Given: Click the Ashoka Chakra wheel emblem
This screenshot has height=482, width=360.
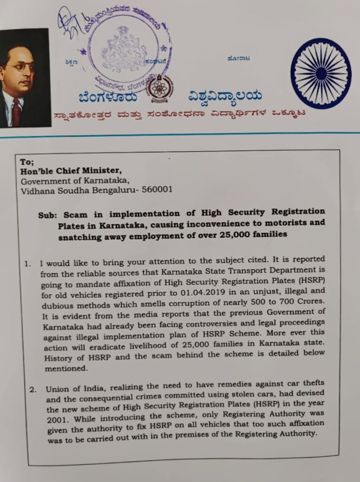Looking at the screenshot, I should tap(321, 73).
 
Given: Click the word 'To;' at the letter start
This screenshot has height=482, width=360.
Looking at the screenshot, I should tap(26, 161).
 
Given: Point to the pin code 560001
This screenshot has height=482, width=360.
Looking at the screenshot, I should tap(156, 190).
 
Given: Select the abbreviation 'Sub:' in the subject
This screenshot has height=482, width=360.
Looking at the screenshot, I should tap(47, 215).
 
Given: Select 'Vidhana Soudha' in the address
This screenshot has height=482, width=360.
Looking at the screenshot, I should tap(47, 190).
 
